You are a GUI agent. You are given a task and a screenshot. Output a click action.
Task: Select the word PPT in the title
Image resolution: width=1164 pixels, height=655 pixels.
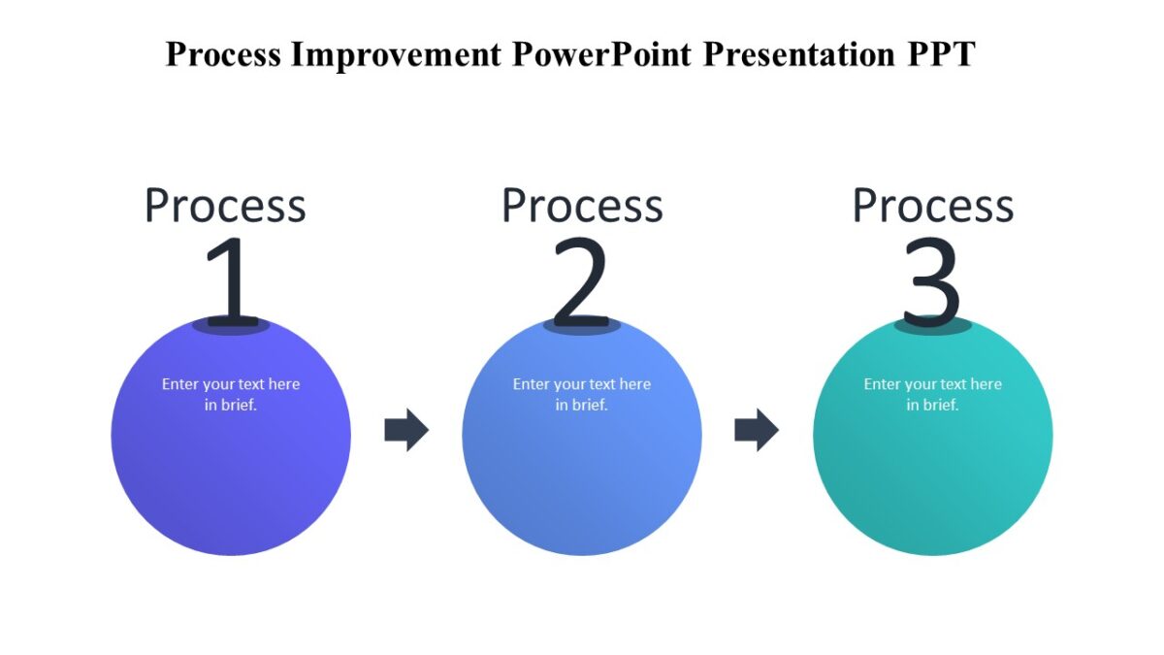(x=940, y=54)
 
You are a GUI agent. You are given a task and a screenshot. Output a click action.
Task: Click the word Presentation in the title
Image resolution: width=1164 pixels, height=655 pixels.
(x=800, y=54)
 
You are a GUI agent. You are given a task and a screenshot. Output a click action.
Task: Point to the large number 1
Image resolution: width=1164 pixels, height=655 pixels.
(x=231, y=281)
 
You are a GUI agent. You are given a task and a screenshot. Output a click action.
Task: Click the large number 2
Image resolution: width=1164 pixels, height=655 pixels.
(x=581, y=281)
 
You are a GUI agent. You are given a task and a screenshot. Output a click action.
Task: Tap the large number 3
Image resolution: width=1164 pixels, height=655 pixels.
(x=932, y=281)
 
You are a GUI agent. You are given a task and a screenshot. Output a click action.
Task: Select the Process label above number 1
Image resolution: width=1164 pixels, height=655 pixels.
(x=225, y=206)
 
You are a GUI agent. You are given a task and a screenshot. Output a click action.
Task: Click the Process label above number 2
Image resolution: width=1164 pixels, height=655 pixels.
(x=582, y=206)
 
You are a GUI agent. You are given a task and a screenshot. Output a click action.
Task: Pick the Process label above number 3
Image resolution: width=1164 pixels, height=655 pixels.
(x=933, y=206)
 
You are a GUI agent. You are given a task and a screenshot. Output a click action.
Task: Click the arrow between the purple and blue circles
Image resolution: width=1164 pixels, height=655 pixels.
(x=406, y=430)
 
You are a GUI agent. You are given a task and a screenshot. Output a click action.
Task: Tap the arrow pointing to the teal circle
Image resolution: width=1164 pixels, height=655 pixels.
(x=757, y=430)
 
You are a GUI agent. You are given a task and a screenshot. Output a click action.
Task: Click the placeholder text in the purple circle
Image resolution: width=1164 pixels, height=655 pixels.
(x=231, y=394)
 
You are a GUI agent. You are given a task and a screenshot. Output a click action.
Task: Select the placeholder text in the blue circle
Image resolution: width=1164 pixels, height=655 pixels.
(x=582, y=394)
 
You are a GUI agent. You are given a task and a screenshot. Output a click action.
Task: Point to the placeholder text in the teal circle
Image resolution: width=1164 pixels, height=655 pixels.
(x=933, y=394)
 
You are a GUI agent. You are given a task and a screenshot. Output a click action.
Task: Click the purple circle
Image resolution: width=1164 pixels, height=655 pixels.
(x=231, y=475)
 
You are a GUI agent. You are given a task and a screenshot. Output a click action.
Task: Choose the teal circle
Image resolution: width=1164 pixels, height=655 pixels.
(x=933, y=475)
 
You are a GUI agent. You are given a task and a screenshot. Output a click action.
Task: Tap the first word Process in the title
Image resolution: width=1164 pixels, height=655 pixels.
(x=223, y=54)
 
